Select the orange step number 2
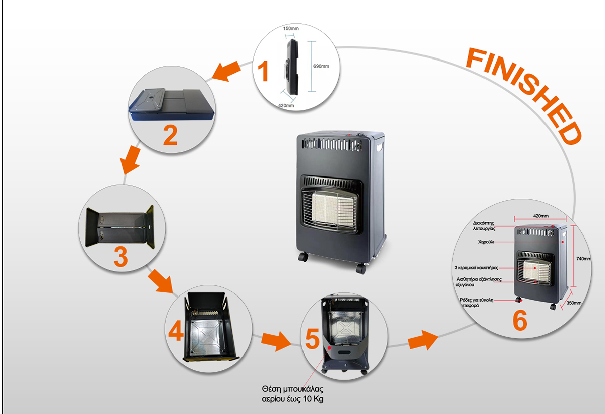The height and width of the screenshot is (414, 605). click(170, 135)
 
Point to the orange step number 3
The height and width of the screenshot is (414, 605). click(120, 257)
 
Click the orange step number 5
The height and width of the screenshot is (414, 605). click(312, 339)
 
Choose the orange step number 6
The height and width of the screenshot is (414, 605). click(520, 321)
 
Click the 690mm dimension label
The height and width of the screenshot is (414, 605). click(321, 66)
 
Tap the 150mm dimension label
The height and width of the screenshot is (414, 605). click(290, 29)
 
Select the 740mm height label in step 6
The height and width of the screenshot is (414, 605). click(583, 259)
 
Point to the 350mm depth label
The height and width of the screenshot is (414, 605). click(573, 303)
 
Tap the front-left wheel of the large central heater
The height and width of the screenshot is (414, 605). click(303, 256)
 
